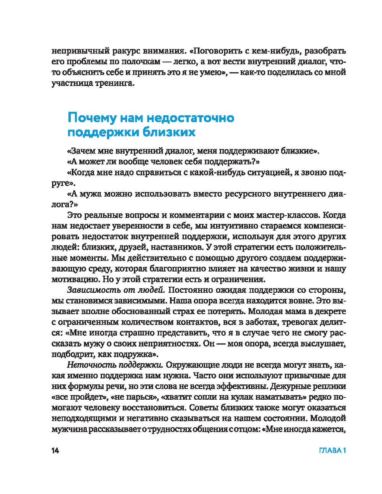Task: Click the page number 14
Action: click(x=55, y=450)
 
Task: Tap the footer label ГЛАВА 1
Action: click(x=332, y=450)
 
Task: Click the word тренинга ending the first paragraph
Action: click(x=113, y=83)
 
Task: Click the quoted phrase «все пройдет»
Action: click(x=78, y=397)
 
